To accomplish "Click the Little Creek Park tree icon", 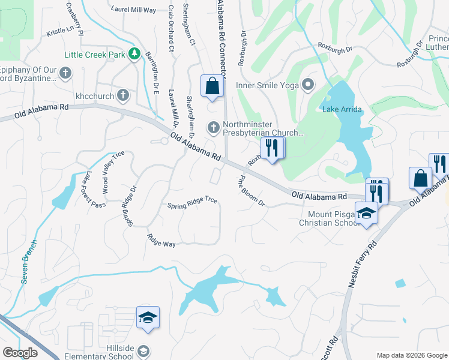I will (x=134, y=55).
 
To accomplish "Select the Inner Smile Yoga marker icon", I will (x=309, y=85).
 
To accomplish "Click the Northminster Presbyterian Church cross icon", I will (x=213, y=127).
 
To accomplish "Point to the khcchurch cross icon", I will (x=122, y=95).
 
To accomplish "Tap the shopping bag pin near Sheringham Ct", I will (x=212, y=86).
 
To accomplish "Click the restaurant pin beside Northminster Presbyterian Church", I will (x=272, y=148).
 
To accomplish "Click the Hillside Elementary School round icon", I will (x=144, y=350).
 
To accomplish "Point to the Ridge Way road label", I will (x=161, y=241).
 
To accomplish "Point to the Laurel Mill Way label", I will (x=133, y=10).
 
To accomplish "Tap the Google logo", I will (x=20, y=353).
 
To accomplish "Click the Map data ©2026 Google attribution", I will (x=411, y=355).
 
